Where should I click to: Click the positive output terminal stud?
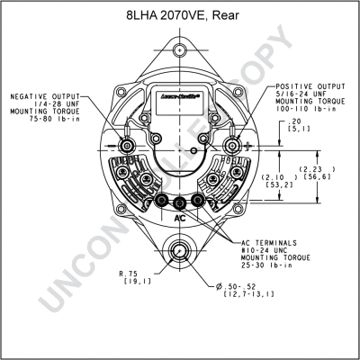click(x=235, y=145)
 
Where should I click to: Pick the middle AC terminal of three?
click(x=181, y=203)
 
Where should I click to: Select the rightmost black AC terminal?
click(x=198, y=202)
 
